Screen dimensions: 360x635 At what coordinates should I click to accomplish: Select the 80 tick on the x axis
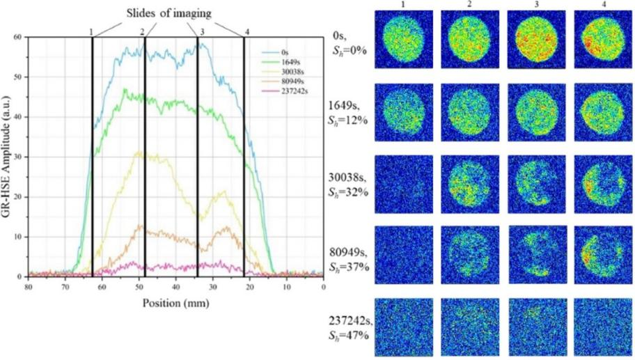click(29, 285)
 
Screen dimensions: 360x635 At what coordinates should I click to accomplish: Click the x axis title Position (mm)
click(176, 303)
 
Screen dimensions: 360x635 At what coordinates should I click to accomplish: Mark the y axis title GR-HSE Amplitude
click(8, 157)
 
